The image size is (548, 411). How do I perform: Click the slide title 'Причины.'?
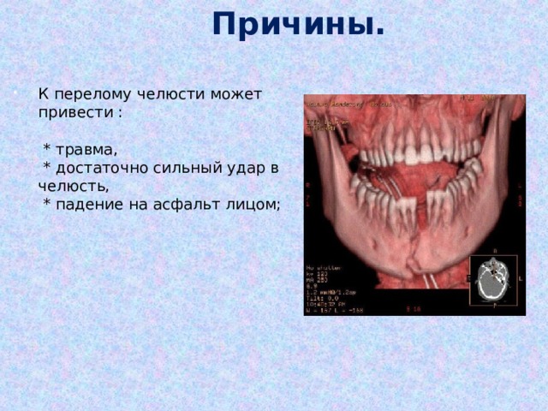tap(298, 24)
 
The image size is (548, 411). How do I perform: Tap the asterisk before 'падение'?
tap(48, 205)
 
